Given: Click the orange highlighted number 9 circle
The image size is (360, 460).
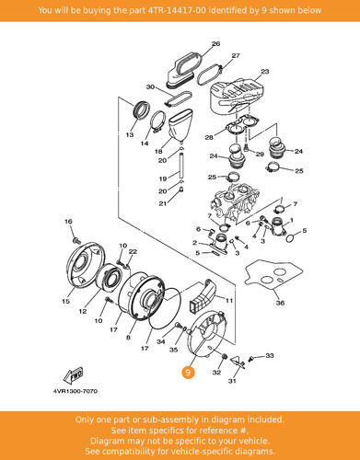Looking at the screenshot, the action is [188, 373].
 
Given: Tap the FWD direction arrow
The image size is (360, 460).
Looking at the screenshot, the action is [73, 375].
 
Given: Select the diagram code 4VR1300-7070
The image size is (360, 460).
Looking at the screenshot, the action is [75, 391].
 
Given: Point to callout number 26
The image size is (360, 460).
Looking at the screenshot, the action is [215, 44].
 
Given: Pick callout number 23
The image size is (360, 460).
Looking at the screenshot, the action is [265, 72].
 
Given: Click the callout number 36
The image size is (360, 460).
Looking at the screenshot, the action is [280, 303].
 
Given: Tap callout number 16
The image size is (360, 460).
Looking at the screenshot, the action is [68, 222].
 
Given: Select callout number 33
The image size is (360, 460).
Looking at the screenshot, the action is [270, 355].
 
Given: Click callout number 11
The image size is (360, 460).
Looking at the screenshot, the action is [229, 301].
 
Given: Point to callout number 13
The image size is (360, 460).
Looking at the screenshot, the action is [130, 134].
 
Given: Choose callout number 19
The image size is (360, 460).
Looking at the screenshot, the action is [163, 178].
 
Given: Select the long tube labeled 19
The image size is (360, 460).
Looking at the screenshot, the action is [182, 166].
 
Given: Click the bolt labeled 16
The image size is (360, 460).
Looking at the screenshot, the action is [75, 240].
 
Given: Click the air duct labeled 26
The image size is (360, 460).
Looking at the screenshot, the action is [183, 69].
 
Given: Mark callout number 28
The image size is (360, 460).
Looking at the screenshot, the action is [209, 137].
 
